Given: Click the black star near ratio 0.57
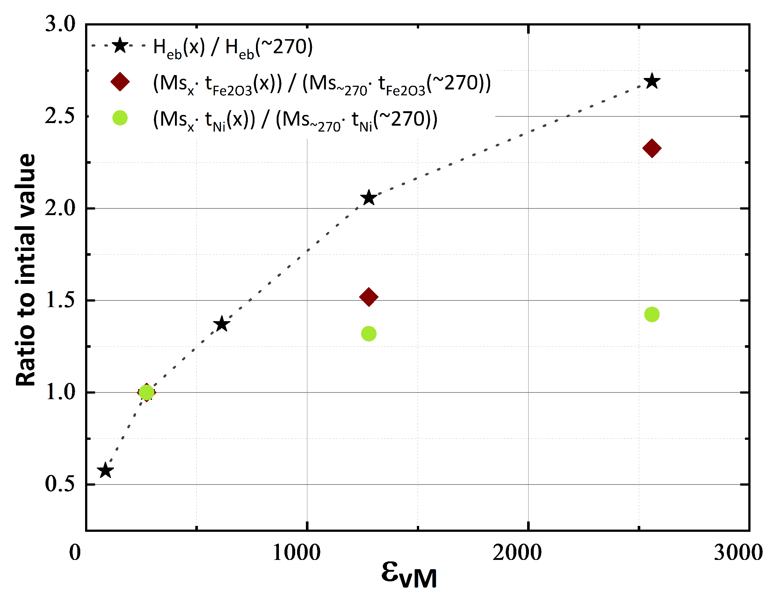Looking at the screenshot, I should click(x=105, y=470).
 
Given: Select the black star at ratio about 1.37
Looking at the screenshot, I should click(x=222, y=324).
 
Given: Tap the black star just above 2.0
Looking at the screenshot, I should click(x=368, y=198).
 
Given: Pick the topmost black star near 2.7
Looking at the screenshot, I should click(x=652, y=81).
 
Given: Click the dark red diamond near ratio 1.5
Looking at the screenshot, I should click(x=368, y=297).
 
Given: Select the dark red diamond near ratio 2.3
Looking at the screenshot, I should click(x=652, y=149).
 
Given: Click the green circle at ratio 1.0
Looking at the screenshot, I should click(x=146, y=392).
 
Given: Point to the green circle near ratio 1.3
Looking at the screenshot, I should click(x=368, y=334).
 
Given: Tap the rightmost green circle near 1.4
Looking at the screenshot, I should click(x=652, y=315).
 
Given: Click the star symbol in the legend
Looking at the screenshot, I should click(x=120, y=46).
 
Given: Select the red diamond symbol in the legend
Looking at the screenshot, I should click(x=120, y=82).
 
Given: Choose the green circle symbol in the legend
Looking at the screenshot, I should click(x=120, y=118).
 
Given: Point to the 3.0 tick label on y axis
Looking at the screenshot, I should click(x=60, y=24).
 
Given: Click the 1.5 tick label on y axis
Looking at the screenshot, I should click(x=60, y=300).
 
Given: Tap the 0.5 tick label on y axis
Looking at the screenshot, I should click(x=60, y=484).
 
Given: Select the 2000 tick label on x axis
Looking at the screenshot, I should click(x=517, y=553).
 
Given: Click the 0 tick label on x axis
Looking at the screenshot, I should click(x=75, y=553).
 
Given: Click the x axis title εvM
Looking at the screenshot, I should click(x=409, y=575).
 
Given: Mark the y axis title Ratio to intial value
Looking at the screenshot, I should click(x=26, y=270).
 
